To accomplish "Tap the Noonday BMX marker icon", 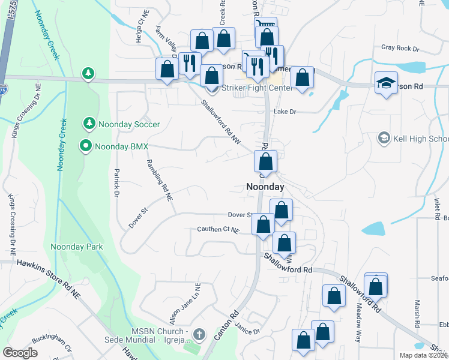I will click(x=86, y=146).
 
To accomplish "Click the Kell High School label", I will click(x=420, y=139).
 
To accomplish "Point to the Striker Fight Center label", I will click(x=257, y=88).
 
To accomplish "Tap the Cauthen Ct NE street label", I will click(x=218, y=230).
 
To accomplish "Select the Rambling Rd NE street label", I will click(x=160, y=180).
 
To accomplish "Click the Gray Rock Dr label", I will click(x=399, y=47).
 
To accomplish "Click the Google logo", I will click(x=20, y=352).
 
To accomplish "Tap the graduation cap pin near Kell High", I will click(x=387, y=83).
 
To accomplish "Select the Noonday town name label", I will click(x=265, y=187).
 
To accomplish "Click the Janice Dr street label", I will click(x=247, y=331).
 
